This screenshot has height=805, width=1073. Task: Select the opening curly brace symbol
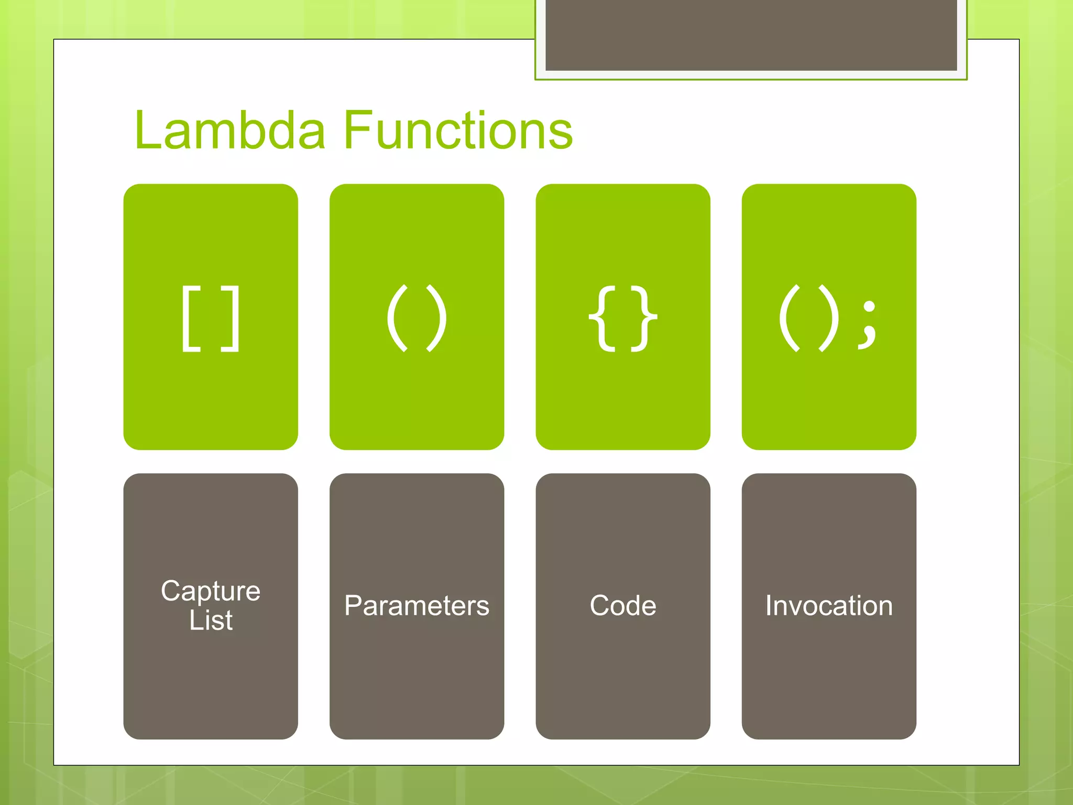(x=603, y=319)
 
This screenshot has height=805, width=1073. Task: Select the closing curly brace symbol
(x=644, y=319)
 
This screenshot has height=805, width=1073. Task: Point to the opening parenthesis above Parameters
(x=397, y=319)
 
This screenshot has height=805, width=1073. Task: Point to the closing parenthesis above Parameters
(x=437, y=319)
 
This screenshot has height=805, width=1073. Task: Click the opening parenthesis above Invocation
(x=789, y=319)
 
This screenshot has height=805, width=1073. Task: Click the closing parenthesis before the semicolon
(x=829, y=319)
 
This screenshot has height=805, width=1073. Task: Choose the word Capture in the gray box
(x=211, y=591)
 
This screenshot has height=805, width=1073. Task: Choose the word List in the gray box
(x=211, y=621)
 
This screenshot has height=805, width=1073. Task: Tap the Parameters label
(x=417, y=606)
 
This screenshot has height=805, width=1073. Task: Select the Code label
(x=622, y=606)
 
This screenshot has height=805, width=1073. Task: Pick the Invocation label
(x=829, y=606)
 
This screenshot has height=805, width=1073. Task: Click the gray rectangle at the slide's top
(x=751, y=35)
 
